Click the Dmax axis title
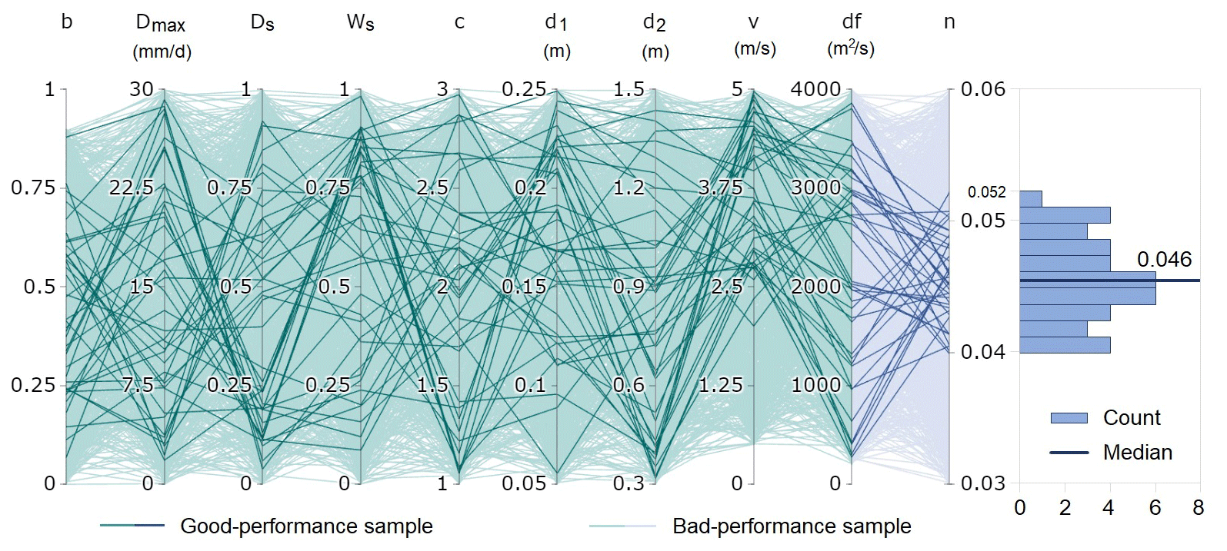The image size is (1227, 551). tap(160, 23)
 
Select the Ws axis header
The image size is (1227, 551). tap(360, 22)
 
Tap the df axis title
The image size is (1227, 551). tap(852, 22)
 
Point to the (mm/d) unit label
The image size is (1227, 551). tap(162, 51)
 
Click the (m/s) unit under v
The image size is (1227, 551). tap(755, 49)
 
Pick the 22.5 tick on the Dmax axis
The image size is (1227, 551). tap(132, 188)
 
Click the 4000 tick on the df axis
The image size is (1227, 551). tap(815, 89)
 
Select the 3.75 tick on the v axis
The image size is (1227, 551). tap(720, 188)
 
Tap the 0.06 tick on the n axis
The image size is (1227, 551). tap(983, 89)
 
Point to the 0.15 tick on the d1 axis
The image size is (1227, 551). tap(524, 287)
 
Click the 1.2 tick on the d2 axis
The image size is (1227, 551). tap(629, 188)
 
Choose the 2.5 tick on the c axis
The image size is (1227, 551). tap(432, 188)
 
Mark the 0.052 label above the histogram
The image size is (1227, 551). tap(986, 192)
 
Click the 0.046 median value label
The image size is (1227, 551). tap(1164, 260)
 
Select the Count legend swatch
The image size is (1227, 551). tap(1069, 418)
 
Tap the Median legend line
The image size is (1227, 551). tap(1069, 453)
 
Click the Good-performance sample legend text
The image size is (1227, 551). tap(306, 526)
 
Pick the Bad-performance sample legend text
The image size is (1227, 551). tap(792, 526)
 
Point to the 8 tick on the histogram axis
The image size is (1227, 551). tap(1199, 508)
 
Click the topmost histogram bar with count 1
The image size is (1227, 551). tap(1031, 199)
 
